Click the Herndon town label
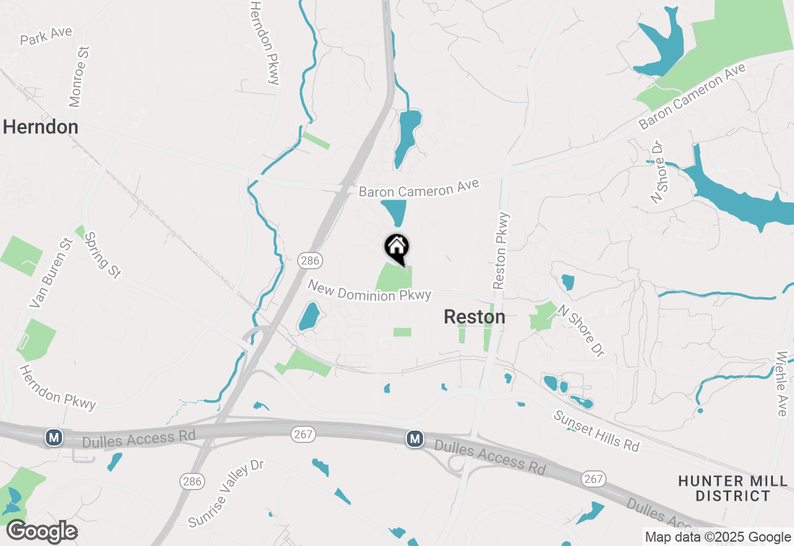pyautogui.click(x=40, y=127)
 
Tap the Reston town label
pyautogui.click(x=475, y=317)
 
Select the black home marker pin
pyautogui.click(x=397, y=248)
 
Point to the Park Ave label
pyautogui.click(x=46, y=36)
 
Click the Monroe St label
pyautogui.click(x=79, y=76)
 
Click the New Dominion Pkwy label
pyautogui.click(x=369, y=291)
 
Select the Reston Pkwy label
pyautogui.click(x=501, y=251)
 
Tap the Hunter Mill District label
pyautogui.click(x=733, y=488)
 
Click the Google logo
pyautogui.click(x=42, y=532)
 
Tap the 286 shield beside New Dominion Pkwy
pyautogui.click(x=309, y=261)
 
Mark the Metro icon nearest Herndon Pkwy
pyautogui.click(x=54, y=438)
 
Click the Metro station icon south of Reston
pyautogui.click(x=415, y=439)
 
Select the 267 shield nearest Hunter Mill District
pyautogui.click(x=594, y=479)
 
